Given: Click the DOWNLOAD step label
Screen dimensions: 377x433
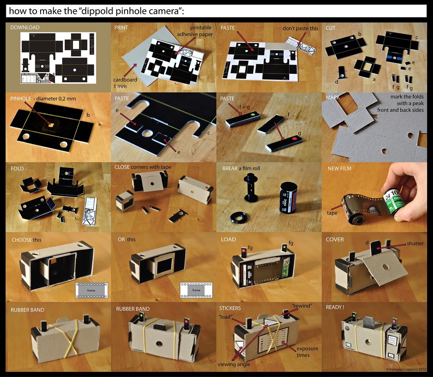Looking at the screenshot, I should [x=25, y=27].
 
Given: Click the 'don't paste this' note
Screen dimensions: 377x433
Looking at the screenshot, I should [x=300, y=28].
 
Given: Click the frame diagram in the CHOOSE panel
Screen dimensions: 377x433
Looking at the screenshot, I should [x=91, y=290].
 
